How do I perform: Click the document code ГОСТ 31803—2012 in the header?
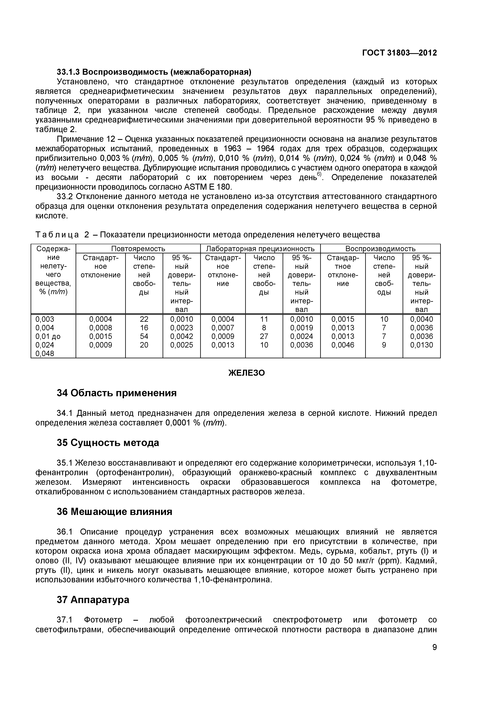(399, 53)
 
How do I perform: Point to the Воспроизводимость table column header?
(380, 249)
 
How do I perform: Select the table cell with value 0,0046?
(343, 345)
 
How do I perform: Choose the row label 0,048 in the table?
(45, 353)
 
